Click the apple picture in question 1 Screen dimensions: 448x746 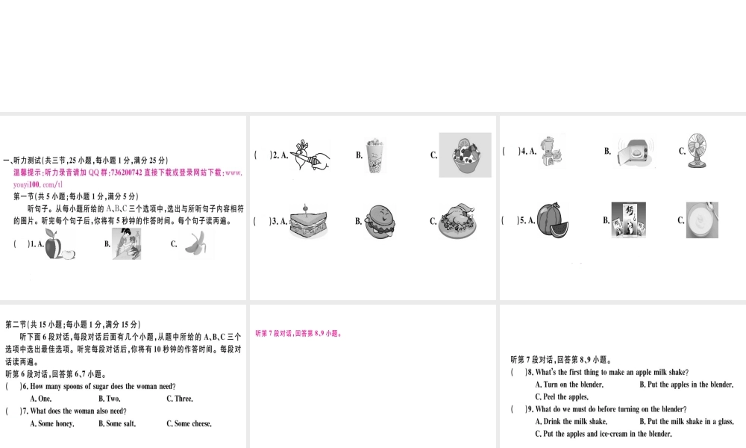tap(54, 244)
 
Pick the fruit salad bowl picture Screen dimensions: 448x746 tap(465, 155)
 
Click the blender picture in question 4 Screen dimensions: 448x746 tap(553, 151)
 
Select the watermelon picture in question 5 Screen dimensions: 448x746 tap(553, 220)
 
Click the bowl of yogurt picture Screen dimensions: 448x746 tap(702, 220)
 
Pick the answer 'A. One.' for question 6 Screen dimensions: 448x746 tap(40, 399)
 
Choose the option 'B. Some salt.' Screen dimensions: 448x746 tap(117, 423)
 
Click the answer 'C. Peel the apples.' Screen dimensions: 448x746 tap(562, 396)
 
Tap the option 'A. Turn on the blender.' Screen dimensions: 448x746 tap(569, 385)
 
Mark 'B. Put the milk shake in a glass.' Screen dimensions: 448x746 tap(686, 421)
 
